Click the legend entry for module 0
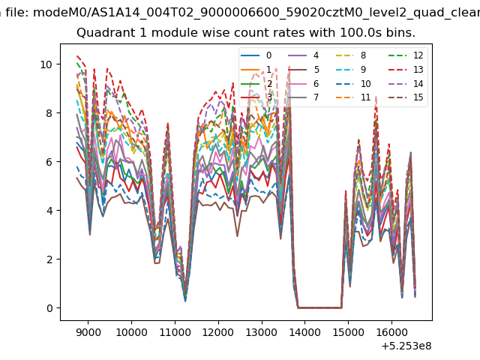pos(256,55)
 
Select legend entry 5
pos(304,70)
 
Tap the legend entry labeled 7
pos(304,97)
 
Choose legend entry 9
pos(351,70)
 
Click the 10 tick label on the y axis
pos(46,64)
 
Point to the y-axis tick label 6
pos(49,162)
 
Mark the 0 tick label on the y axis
pos(49,308)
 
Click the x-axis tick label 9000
pos(88,332)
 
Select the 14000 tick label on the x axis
pos(305,332)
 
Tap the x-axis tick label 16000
pos(391,332)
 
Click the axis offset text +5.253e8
pos(406,346)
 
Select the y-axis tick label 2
pos(49,259)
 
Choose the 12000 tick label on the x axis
pos(218,332)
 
